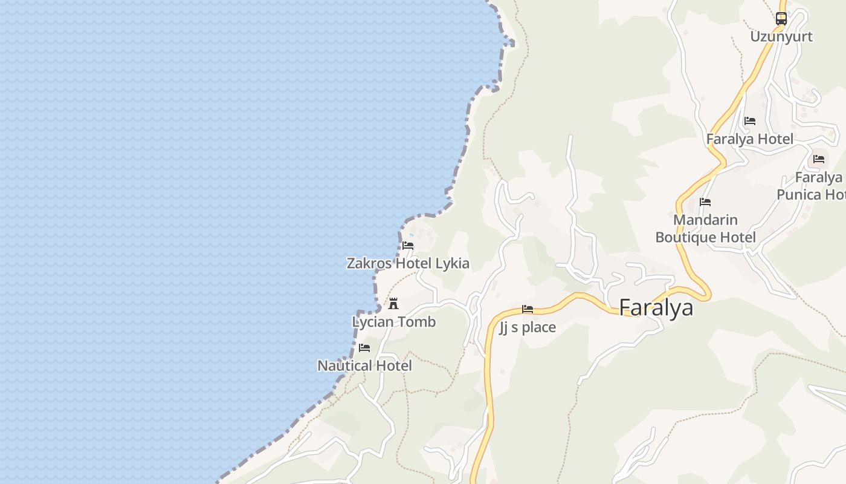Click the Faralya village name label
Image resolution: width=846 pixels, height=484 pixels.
(x=656, y=307)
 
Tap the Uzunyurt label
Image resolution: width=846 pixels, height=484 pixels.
(x=781, y=36)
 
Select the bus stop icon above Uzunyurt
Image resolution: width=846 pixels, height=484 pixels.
(x=781, y=19)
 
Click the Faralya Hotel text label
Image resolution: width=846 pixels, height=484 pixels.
(x=749, y=139)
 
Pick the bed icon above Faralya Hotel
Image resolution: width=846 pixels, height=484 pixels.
(x=750, y=121)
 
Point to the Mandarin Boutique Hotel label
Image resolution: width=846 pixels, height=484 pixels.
(x=705, y=228)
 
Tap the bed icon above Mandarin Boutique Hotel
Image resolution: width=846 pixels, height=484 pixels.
(x=705, y=202)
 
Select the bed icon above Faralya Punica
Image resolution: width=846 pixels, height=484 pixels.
(x=819, y=159)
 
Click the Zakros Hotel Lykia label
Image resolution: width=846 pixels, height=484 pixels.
(x=408, y=263)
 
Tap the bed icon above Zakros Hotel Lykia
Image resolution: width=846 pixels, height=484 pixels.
(x=408, y=246)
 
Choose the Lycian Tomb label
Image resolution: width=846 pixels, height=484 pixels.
(x=393, y=321)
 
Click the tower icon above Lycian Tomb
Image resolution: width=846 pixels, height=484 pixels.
(x=393, y=303)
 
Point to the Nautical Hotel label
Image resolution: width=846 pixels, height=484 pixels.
(x=364, y=365)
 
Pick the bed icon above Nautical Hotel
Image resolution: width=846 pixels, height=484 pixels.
(x=364, y=348)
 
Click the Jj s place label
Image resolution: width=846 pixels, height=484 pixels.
(x=528, y=327)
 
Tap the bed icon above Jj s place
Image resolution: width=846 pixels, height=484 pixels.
(x=528, y=310)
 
